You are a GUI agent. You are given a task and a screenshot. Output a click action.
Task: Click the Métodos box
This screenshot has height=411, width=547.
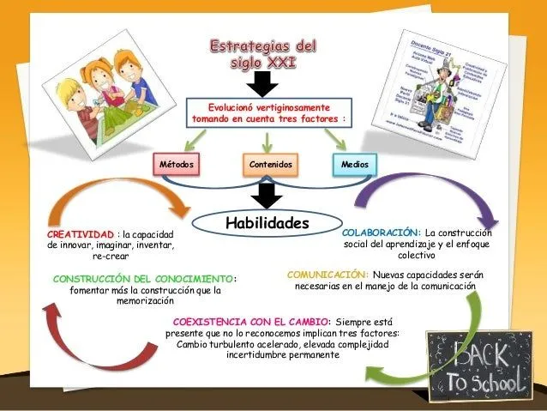pyautogui.click(x=178, y=164)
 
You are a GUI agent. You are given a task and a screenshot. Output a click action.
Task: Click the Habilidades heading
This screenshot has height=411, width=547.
pyautogui.click(x=266, y=223)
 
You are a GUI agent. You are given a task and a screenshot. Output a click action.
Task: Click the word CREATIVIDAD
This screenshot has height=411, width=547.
pyautogui.click(x=80, y=234)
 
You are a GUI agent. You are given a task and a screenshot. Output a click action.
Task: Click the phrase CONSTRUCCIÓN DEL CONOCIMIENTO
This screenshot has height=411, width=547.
pyautogui.click(x=142, y=279)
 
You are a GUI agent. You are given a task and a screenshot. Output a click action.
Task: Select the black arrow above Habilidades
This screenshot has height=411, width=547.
pyautogui.click(x=267, y=196)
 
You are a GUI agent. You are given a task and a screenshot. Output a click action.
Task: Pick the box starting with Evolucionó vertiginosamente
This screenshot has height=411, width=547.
pyautogui.click(x=269, y=114)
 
